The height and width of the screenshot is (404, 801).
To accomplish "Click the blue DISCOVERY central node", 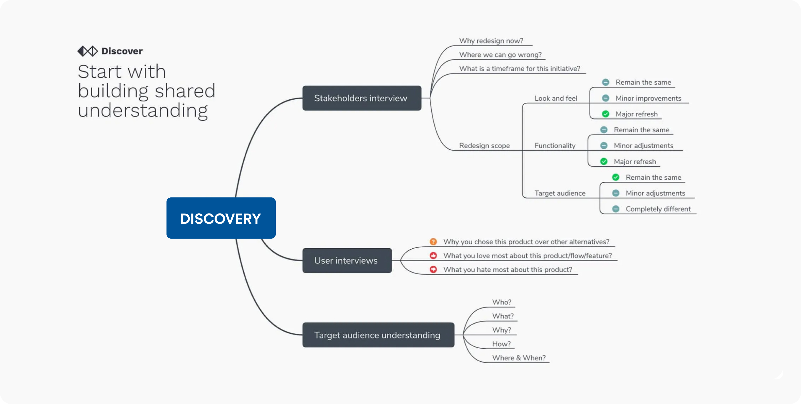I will click(x=221, y=218).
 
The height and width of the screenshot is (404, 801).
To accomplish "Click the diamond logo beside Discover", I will click(x=87, y=51).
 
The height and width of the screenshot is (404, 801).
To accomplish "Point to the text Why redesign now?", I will click(x=491, y=41).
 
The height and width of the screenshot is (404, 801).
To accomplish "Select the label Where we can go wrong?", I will click(x=500, y=55).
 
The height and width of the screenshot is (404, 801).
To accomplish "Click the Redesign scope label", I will click(x=484, y=146).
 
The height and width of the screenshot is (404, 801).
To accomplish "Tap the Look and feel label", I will click(x=555, y=98).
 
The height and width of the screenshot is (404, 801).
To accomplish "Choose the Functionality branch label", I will click(x=555, y=146).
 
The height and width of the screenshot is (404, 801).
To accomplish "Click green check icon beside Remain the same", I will click(x=615, y=177).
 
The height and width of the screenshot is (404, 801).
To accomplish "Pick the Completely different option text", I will click(x=658, y=209).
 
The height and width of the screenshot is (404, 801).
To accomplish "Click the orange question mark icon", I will click(x=433, y=242).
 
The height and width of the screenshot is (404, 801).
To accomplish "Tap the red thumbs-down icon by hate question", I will click(x=433, y=269).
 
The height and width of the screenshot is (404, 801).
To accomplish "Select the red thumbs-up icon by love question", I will click(x=433, y=256).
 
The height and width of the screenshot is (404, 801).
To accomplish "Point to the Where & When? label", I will click(x=518, y=358).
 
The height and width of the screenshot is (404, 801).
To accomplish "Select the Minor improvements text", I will click(x=648, y=98).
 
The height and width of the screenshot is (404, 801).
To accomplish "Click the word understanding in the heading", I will click(x=142, y=110).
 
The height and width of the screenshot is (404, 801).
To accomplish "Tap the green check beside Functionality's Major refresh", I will click(x=604, y=161).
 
